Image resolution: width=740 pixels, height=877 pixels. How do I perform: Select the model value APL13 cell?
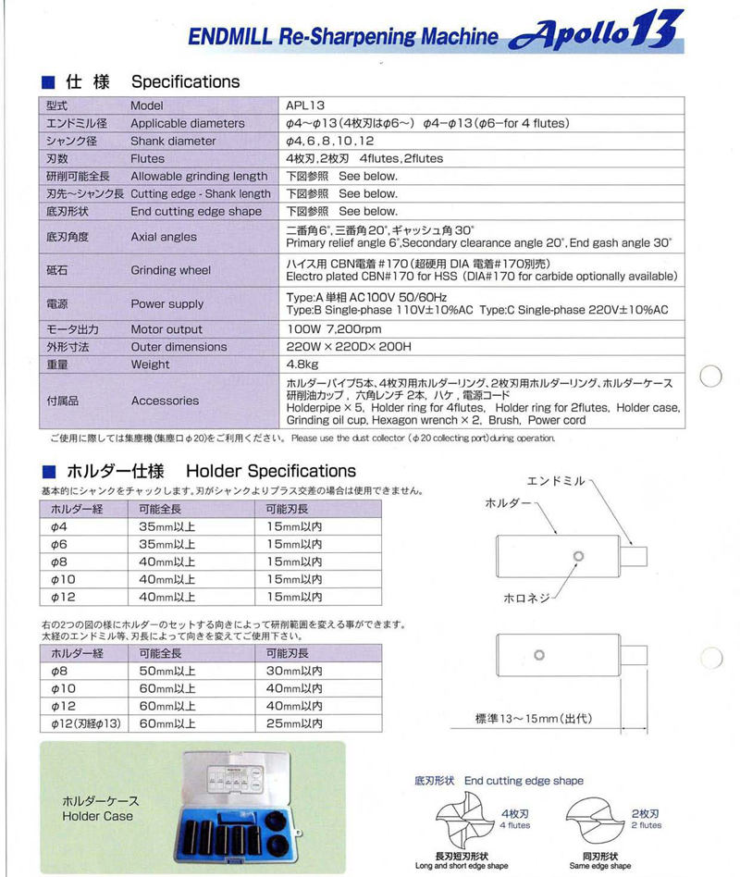click(306, 105)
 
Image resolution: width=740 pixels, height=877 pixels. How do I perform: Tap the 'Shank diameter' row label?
click(173, 141)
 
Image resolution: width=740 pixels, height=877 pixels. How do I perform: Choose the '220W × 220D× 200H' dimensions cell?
click(348, 347)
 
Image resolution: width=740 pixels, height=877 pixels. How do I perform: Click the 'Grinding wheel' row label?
click(171, 271)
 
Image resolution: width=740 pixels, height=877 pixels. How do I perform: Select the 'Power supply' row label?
click(167, 303)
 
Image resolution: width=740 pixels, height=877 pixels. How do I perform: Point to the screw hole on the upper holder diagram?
click(578, 555)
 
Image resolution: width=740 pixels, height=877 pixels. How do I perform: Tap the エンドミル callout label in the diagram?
click(556, 481)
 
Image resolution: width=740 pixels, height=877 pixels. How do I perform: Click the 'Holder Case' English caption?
click(97, 816)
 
